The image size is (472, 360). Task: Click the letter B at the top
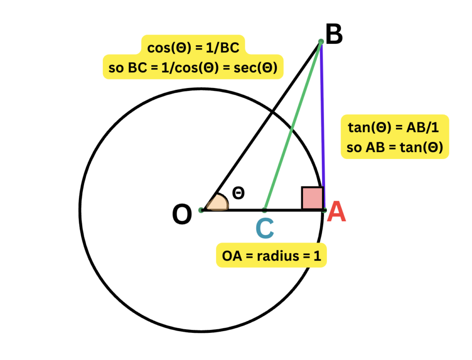[334, 35]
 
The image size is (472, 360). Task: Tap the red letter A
[336, 212]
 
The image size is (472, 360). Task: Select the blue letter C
[265, 229]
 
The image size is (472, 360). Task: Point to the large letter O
[182, 215]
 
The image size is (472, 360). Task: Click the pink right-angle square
[313, 198]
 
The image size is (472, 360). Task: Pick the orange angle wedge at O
[217, 204]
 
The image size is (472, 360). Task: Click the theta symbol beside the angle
[238, 193]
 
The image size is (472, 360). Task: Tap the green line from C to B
[293, 125]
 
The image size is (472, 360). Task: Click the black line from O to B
[261, 125]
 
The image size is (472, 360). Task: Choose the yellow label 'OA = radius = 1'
[271, 255]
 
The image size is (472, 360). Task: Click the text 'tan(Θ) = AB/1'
[395, 128]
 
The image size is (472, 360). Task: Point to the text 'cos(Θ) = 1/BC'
[193, 47]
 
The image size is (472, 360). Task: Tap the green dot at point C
[265, 210]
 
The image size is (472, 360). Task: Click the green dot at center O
[201, 210]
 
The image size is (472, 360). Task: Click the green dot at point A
[324, 210]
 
